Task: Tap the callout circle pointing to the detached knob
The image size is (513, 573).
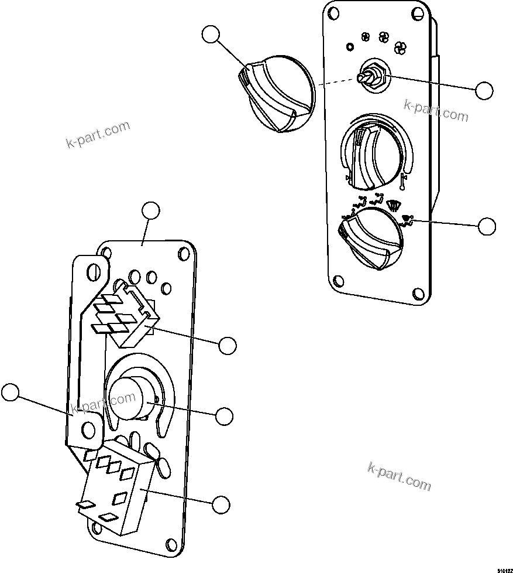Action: pyautogui.click(x=211, y=35)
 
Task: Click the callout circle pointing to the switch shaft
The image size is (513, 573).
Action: pyautogui.click(x=484, y=90)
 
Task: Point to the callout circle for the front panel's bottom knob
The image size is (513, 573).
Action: pyautogui.click(x=487, y=226)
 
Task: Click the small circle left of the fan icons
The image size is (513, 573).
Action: pyautogui.click(x=350, y=46)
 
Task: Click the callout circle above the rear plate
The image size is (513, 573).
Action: pyautogui.click(x=151, y=211)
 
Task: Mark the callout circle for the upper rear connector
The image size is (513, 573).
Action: pyautogui.click(x=228, y=346)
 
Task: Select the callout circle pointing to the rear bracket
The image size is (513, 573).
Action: pyautogui.click(x=10, y=392)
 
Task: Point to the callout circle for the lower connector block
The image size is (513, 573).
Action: pyautogui.click(x=221, y=504)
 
